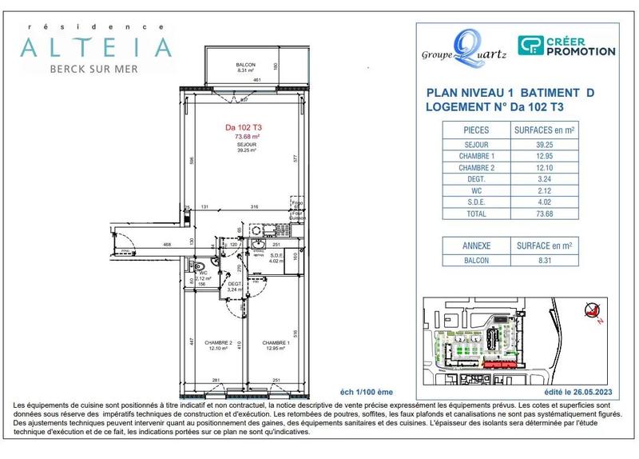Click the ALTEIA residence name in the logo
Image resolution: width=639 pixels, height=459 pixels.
tap(95, 47)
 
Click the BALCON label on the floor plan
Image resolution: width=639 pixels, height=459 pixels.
tap(244, 65)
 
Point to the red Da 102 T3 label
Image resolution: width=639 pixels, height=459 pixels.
tap(244, 127)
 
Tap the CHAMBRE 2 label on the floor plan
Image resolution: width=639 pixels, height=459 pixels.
tap(217, 343)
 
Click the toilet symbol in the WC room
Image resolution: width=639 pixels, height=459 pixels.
tap(206, 268)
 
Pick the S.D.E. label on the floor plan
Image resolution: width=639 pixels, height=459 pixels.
tap(276, 255)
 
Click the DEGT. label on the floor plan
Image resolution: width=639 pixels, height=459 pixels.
tap(235, 284)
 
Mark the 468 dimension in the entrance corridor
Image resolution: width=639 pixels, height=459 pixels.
tap(168, 245)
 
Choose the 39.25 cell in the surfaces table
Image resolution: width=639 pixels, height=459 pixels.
tap(546, 145)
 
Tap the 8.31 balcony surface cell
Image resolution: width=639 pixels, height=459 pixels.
tap(546, 261)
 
